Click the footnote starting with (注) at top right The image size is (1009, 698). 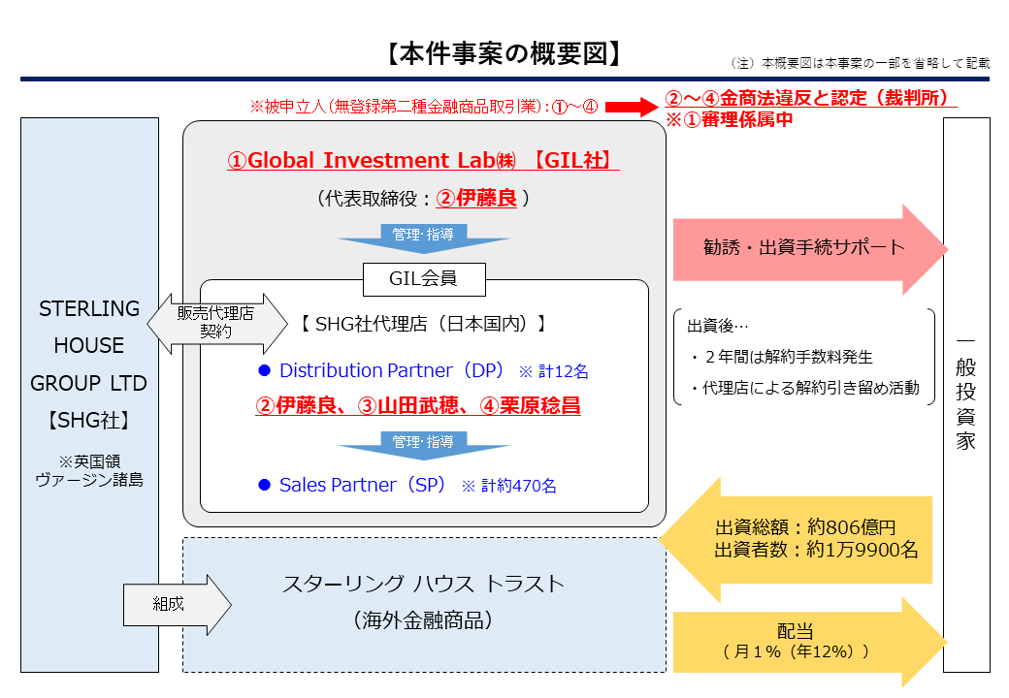tap(860, 63)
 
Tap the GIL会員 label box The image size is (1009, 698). tap(423, 280)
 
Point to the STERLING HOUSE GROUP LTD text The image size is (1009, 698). tap(88, 346)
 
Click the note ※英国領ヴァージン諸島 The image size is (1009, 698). tap(88, 469)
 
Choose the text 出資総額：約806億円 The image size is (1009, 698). tap(805, 527)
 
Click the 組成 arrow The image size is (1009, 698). tap(175, 605)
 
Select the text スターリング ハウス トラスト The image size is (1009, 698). tap(423, 584)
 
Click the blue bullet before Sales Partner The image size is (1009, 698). tap(263, 485)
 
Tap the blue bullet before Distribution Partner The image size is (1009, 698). tap(263, 371)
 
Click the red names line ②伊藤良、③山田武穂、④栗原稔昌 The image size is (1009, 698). tap(418, 406)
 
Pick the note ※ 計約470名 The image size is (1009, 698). tap(508, 486)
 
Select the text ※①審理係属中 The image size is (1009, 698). tap(729, 119)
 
